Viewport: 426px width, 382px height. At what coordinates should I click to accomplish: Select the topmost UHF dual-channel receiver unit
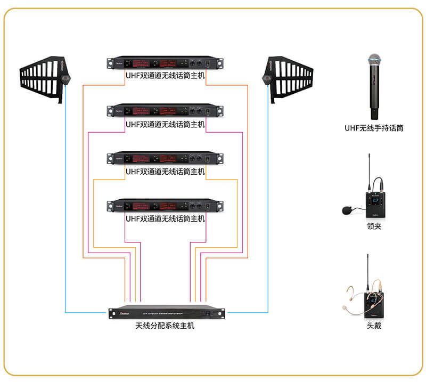click(x=165, y=63)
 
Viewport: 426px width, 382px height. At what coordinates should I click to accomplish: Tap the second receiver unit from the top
click(x=165, y=111)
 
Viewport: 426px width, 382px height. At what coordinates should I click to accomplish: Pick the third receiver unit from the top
click(x=165, y=158)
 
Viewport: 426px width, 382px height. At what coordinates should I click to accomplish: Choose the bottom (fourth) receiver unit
click(x=165, y=205)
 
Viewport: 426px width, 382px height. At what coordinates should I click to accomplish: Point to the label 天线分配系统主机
click(x=165, y=326)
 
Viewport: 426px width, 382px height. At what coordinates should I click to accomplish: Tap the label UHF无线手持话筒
click(x=373, y=128)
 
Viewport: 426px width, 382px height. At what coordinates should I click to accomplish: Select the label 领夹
click(x=374, y=226)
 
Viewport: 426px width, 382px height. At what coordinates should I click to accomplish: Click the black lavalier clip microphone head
click(x=348, y=210)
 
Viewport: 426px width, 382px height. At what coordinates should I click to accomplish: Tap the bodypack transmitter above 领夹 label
click(x=375, y=202)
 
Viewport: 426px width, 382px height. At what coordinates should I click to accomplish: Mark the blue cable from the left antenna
click(x=65, y=213)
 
